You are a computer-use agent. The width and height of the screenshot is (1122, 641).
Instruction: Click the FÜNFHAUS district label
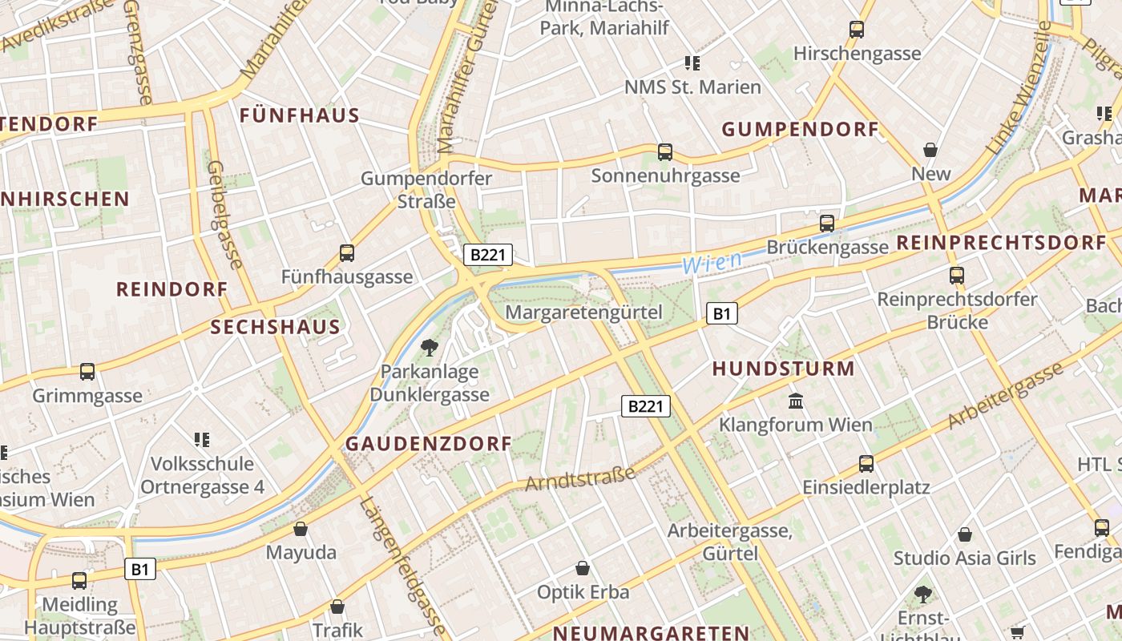(x=300, y=115)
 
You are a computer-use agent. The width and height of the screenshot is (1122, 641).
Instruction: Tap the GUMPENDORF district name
(x=800, y=129)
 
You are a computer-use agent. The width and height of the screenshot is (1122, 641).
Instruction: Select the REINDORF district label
(x=172, y=289)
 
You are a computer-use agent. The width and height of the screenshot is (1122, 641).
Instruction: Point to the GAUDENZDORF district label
(x=428, y=444)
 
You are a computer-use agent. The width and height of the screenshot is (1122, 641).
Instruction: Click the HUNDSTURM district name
(x=783, y=369)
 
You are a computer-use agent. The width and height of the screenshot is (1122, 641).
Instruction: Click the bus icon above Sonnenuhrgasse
(x=664, y=151)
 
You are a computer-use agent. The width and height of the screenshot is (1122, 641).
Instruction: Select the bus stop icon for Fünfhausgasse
(x=346, y=253)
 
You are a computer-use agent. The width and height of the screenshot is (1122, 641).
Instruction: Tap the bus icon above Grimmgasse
(x=87, y=372)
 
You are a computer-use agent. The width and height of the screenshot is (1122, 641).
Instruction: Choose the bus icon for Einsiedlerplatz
(x=866, y=463)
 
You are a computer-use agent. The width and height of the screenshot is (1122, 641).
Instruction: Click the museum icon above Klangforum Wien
(x=796, y=401)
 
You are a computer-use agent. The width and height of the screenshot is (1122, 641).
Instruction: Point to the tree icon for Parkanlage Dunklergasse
(x=430, y=347)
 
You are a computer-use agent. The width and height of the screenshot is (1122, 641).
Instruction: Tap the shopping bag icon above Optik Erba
(x=583, y=568)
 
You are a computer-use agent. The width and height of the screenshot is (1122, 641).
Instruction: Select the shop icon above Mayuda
(x=301, y=529)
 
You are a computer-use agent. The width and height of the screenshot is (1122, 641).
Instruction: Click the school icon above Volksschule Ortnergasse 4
(x=202, y=439)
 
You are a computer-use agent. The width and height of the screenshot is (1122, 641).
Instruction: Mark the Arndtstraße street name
(x=580, y=478)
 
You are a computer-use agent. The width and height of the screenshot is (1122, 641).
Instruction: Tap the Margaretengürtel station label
(x=584, y=312)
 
